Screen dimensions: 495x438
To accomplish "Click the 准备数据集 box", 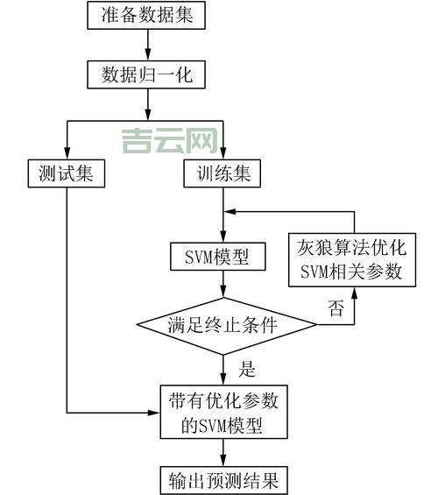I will point(146,15).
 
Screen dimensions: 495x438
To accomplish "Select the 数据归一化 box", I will point(146,74).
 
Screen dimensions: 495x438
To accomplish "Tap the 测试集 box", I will point(66,173).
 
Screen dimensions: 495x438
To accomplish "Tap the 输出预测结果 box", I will point(223,480).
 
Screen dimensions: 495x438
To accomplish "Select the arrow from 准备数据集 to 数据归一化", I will point(146,45).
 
